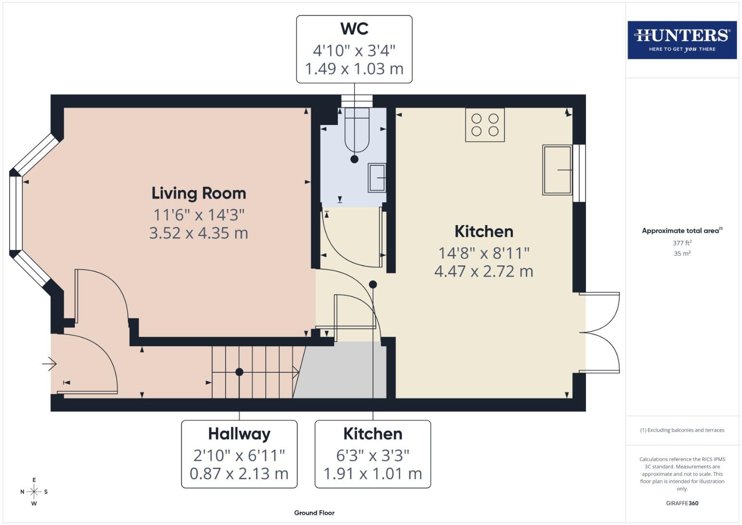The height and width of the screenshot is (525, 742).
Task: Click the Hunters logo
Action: click(682, 40)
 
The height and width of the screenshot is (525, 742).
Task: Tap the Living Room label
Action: click(199, 193)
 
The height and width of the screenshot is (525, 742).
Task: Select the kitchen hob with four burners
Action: click(484, 125)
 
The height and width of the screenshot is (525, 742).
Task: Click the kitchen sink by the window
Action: click(557, 170)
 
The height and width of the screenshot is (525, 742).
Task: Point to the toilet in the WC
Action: click(357, 130)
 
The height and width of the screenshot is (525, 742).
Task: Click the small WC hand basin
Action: click(377, 177)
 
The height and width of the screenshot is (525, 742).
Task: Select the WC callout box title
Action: click(354, 29)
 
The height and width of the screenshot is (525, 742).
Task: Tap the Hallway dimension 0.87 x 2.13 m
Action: click(239, 473)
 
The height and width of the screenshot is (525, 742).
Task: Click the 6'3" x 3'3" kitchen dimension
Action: click(373, 455)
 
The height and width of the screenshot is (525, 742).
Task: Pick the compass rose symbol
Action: click(34, 491)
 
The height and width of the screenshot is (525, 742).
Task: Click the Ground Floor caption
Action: click(314, 513)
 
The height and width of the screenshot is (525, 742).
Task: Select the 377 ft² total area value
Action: click(682, 243)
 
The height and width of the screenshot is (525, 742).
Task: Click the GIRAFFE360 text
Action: click(682, 503)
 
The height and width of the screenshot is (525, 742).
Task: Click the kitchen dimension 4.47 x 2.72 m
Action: click(483, 271)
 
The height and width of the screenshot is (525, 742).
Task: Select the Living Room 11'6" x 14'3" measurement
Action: click(199, 214)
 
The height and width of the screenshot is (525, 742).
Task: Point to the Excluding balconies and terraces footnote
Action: click(682, 430)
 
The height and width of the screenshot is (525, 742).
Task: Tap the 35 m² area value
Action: click(682, 254)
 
